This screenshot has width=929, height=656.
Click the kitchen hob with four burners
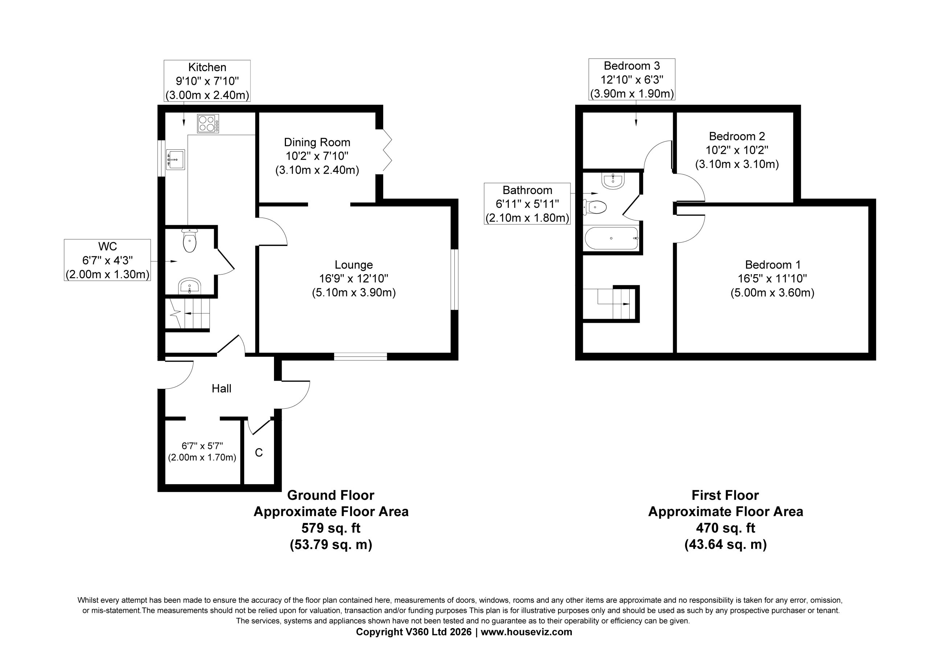tap(208, 123)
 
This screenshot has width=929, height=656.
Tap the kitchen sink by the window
tap(175, 159)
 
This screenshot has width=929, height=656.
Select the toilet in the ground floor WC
tap(189, 240)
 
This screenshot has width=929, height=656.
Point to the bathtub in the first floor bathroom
tap(611, 239)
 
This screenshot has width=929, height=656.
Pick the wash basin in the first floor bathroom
tap(613, 180)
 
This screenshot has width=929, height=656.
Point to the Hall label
tap(221, 389)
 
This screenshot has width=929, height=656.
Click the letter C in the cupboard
tap(259, 453)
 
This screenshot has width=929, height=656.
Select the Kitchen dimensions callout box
tap(207, 81)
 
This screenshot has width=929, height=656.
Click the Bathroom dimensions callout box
tap(527, 204)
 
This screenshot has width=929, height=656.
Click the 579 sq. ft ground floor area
tap(331, 528)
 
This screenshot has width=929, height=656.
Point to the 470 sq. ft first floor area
tap(725, 528)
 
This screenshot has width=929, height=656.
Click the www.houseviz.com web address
tap(527, 632)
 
